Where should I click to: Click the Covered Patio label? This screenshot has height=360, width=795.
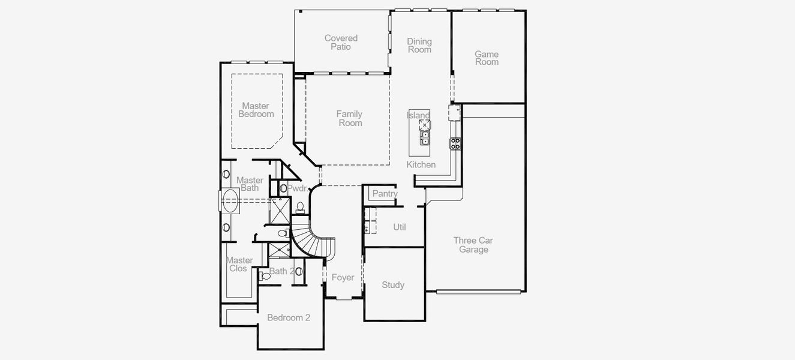tap(341, 43)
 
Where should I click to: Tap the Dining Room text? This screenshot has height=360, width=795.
tap(419, 46)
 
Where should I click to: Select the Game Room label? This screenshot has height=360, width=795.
tap(487, 58)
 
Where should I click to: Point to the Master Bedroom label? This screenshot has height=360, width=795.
tap(256, 110)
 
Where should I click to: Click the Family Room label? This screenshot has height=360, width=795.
tap(349, 119)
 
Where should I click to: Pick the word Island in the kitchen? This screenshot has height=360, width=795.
tap(418, 115)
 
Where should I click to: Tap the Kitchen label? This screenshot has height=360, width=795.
tap(421, 164)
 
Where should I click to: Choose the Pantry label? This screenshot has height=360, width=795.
tap(385, 194)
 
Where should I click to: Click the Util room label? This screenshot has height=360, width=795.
tap(399, 227)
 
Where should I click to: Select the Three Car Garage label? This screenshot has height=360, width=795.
tap(473, 245)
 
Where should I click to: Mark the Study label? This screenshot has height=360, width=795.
tap(393, 285)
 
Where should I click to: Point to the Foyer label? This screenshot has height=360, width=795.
tap(343, 278)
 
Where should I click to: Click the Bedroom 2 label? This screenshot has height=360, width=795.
tap(289, 317)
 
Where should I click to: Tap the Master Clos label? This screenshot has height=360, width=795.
tap(239, 265)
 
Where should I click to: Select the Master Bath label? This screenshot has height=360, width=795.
tap(250, 184)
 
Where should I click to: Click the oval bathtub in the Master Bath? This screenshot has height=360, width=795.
tap(230, 200)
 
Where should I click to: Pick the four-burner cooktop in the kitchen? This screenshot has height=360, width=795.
tap(455, 143)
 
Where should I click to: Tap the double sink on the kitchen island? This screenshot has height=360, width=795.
tap(425, 138)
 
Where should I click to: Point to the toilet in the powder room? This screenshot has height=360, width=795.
tap(300, 207)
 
